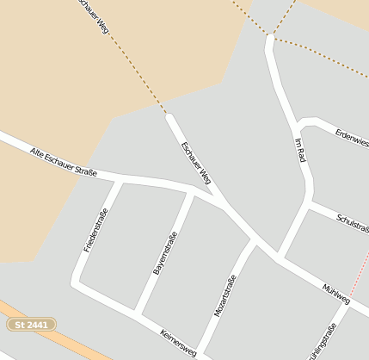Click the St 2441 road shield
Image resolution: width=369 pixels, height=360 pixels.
(32, 325)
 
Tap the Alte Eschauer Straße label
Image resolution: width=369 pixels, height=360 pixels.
(63, 163)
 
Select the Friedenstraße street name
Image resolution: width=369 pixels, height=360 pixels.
(95, 230)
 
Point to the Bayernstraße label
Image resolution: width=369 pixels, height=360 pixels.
(165, 253)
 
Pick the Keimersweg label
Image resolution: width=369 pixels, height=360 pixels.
(179, 343)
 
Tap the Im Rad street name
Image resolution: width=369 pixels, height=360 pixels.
(300, 151)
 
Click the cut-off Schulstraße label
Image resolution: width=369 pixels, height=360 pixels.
(354, 223)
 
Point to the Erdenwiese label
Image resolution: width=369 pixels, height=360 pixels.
(352, 137)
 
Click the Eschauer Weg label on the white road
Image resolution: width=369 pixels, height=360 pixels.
(196, 163)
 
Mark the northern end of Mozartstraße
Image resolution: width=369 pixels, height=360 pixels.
(252, 242)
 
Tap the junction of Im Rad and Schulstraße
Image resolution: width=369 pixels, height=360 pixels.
(308, 205)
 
